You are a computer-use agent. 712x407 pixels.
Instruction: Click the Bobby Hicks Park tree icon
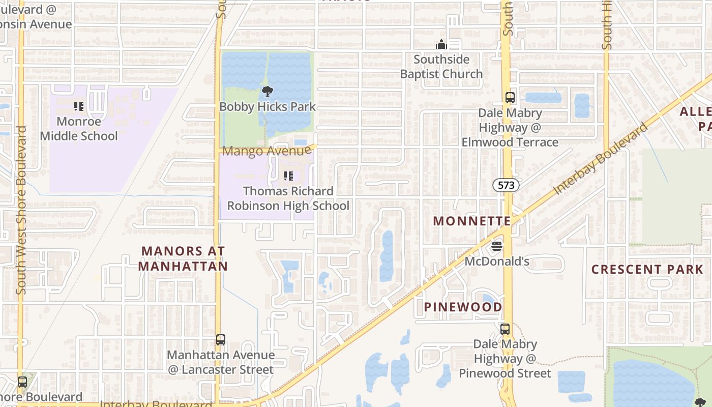(267, 92)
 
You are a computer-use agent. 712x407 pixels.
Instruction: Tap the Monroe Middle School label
(79, 129)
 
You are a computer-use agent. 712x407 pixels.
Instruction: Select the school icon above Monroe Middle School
(79, 106)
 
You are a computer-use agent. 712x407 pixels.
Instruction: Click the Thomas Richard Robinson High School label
(288, 198)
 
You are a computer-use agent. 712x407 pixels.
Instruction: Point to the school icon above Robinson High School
(288, 176)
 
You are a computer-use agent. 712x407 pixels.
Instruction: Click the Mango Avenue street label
(266, 151)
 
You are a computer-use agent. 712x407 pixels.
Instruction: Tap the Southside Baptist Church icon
(441, 44)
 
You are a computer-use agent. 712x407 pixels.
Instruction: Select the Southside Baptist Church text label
(441, 67)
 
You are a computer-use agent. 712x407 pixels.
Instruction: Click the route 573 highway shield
(506, 186)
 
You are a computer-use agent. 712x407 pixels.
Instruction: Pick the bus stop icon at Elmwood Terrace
(510, 98)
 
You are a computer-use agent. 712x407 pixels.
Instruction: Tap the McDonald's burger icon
(497, 246)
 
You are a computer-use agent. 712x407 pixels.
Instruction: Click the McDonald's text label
(497, 261)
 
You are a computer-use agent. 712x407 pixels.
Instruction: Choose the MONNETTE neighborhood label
(471, 221)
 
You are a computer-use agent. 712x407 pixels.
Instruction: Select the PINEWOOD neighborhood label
(463, 307)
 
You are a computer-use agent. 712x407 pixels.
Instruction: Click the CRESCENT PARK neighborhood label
(647, 270)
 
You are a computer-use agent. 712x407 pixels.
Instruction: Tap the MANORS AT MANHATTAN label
(183, 258)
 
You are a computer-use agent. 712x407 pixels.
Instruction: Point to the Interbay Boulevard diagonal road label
(601, 158)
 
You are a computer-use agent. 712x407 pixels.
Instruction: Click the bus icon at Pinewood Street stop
(505, 329)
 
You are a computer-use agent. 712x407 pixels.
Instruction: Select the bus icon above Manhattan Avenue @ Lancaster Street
(220, 339)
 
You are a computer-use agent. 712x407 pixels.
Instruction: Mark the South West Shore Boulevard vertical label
(21, 210)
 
